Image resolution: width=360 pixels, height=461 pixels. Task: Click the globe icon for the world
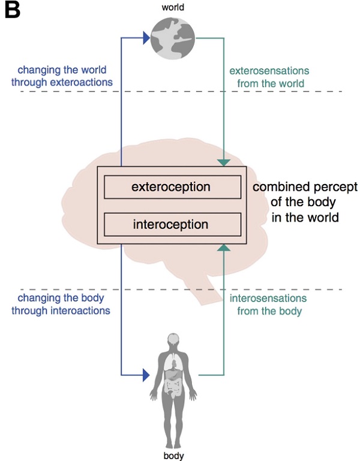click(173, 38)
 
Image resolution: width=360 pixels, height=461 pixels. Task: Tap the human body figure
click(173, 378)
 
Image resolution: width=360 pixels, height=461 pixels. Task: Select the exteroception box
click(171, 187)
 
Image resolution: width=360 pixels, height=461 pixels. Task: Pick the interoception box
click(171, 225)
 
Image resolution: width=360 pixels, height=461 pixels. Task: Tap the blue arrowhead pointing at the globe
click(145, 38)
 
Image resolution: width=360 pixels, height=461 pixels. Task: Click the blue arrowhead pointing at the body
click(145, 375)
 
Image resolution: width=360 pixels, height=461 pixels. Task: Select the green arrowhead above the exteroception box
click(223, 162)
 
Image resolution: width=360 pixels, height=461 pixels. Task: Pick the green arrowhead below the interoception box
click(223, 248)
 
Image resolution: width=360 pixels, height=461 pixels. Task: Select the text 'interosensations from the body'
click(269, 304)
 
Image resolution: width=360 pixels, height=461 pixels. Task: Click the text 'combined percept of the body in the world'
click(304, 202)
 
